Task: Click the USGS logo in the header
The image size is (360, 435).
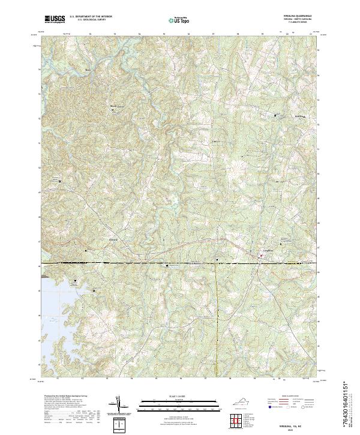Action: [55, 19]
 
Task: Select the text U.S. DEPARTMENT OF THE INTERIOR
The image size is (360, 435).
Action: [91, 17]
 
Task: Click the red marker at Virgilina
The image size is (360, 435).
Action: [260, 257]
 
